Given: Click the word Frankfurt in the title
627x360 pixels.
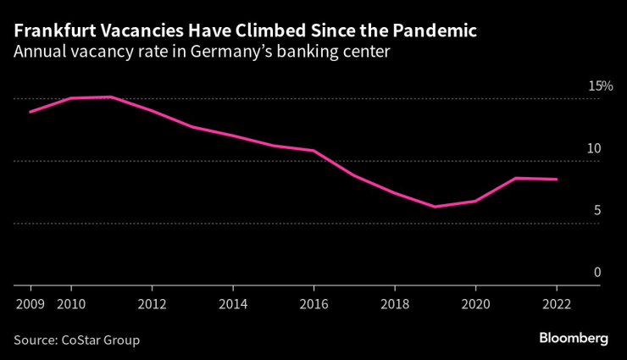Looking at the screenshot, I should (x=53, y=31).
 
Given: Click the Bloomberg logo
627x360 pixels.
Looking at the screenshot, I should (x=574, y=338).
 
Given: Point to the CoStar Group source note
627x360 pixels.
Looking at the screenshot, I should (x=76, y=340).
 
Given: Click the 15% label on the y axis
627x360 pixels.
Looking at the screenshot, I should (x=600, y=86).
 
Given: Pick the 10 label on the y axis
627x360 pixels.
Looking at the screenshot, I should (x=594, y=148).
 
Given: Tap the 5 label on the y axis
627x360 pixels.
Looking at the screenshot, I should (x=596, y=210).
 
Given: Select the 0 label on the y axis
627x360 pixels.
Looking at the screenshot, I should (x=596, y=272).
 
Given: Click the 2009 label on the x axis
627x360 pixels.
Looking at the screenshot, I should (x=31, y=302).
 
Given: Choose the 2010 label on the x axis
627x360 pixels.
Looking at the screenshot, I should (x=71, y=302).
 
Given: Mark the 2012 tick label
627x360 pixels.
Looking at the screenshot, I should (x=152, y=302).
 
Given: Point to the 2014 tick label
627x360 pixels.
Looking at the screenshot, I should (x=233, y=302).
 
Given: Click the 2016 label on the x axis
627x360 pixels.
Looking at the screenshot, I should (x=313, y=302).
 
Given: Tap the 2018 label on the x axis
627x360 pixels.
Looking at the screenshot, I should (x=395, y=302).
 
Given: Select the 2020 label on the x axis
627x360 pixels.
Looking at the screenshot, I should (x=475, y=302).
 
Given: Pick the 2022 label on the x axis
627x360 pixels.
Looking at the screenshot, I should (x=557, y=302).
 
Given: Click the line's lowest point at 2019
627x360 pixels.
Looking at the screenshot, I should (x=435, y=207).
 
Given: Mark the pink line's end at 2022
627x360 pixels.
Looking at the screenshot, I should (x=557, y=180).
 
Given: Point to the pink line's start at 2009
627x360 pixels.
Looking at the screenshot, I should (x=31, y=112).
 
